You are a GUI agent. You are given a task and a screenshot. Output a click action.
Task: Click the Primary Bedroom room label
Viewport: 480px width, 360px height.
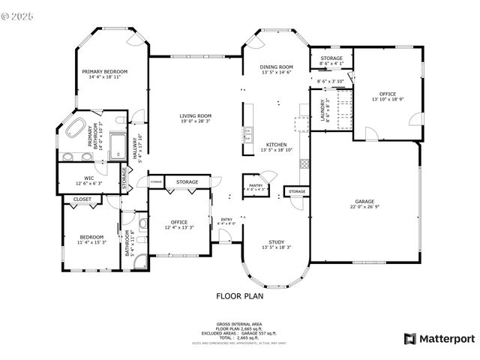click(x=105, y=71)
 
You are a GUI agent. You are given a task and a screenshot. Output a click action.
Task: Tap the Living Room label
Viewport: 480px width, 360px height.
click(x=195, y=115)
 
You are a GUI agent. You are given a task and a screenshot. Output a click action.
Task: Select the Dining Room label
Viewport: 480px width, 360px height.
click(x=277, y=67)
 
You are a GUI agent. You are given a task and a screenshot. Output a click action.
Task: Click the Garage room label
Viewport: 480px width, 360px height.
click(x=364, y=202)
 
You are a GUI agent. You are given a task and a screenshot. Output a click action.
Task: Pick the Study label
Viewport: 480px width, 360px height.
click(x=276, y=241)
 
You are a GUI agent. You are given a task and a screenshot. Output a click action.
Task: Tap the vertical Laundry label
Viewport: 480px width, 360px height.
click(x=322, y=110)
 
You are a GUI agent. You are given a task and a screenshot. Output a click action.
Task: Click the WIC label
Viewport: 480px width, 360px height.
click(x=89, y=178)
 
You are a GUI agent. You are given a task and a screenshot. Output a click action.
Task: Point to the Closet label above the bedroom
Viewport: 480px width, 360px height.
click(x=82, y=199)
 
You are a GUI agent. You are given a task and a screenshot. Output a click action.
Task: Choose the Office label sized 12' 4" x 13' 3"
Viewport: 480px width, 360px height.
click(x=178, y=222)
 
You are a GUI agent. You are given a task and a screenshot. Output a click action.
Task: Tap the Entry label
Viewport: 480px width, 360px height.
click(x=226, y=219)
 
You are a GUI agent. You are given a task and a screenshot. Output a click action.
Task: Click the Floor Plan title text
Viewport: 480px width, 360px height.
click(x=240, y=295)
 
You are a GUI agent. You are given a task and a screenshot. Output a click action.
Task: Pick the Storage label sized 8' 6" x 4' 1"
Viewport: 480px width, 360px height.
click(x=331, y=58)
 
